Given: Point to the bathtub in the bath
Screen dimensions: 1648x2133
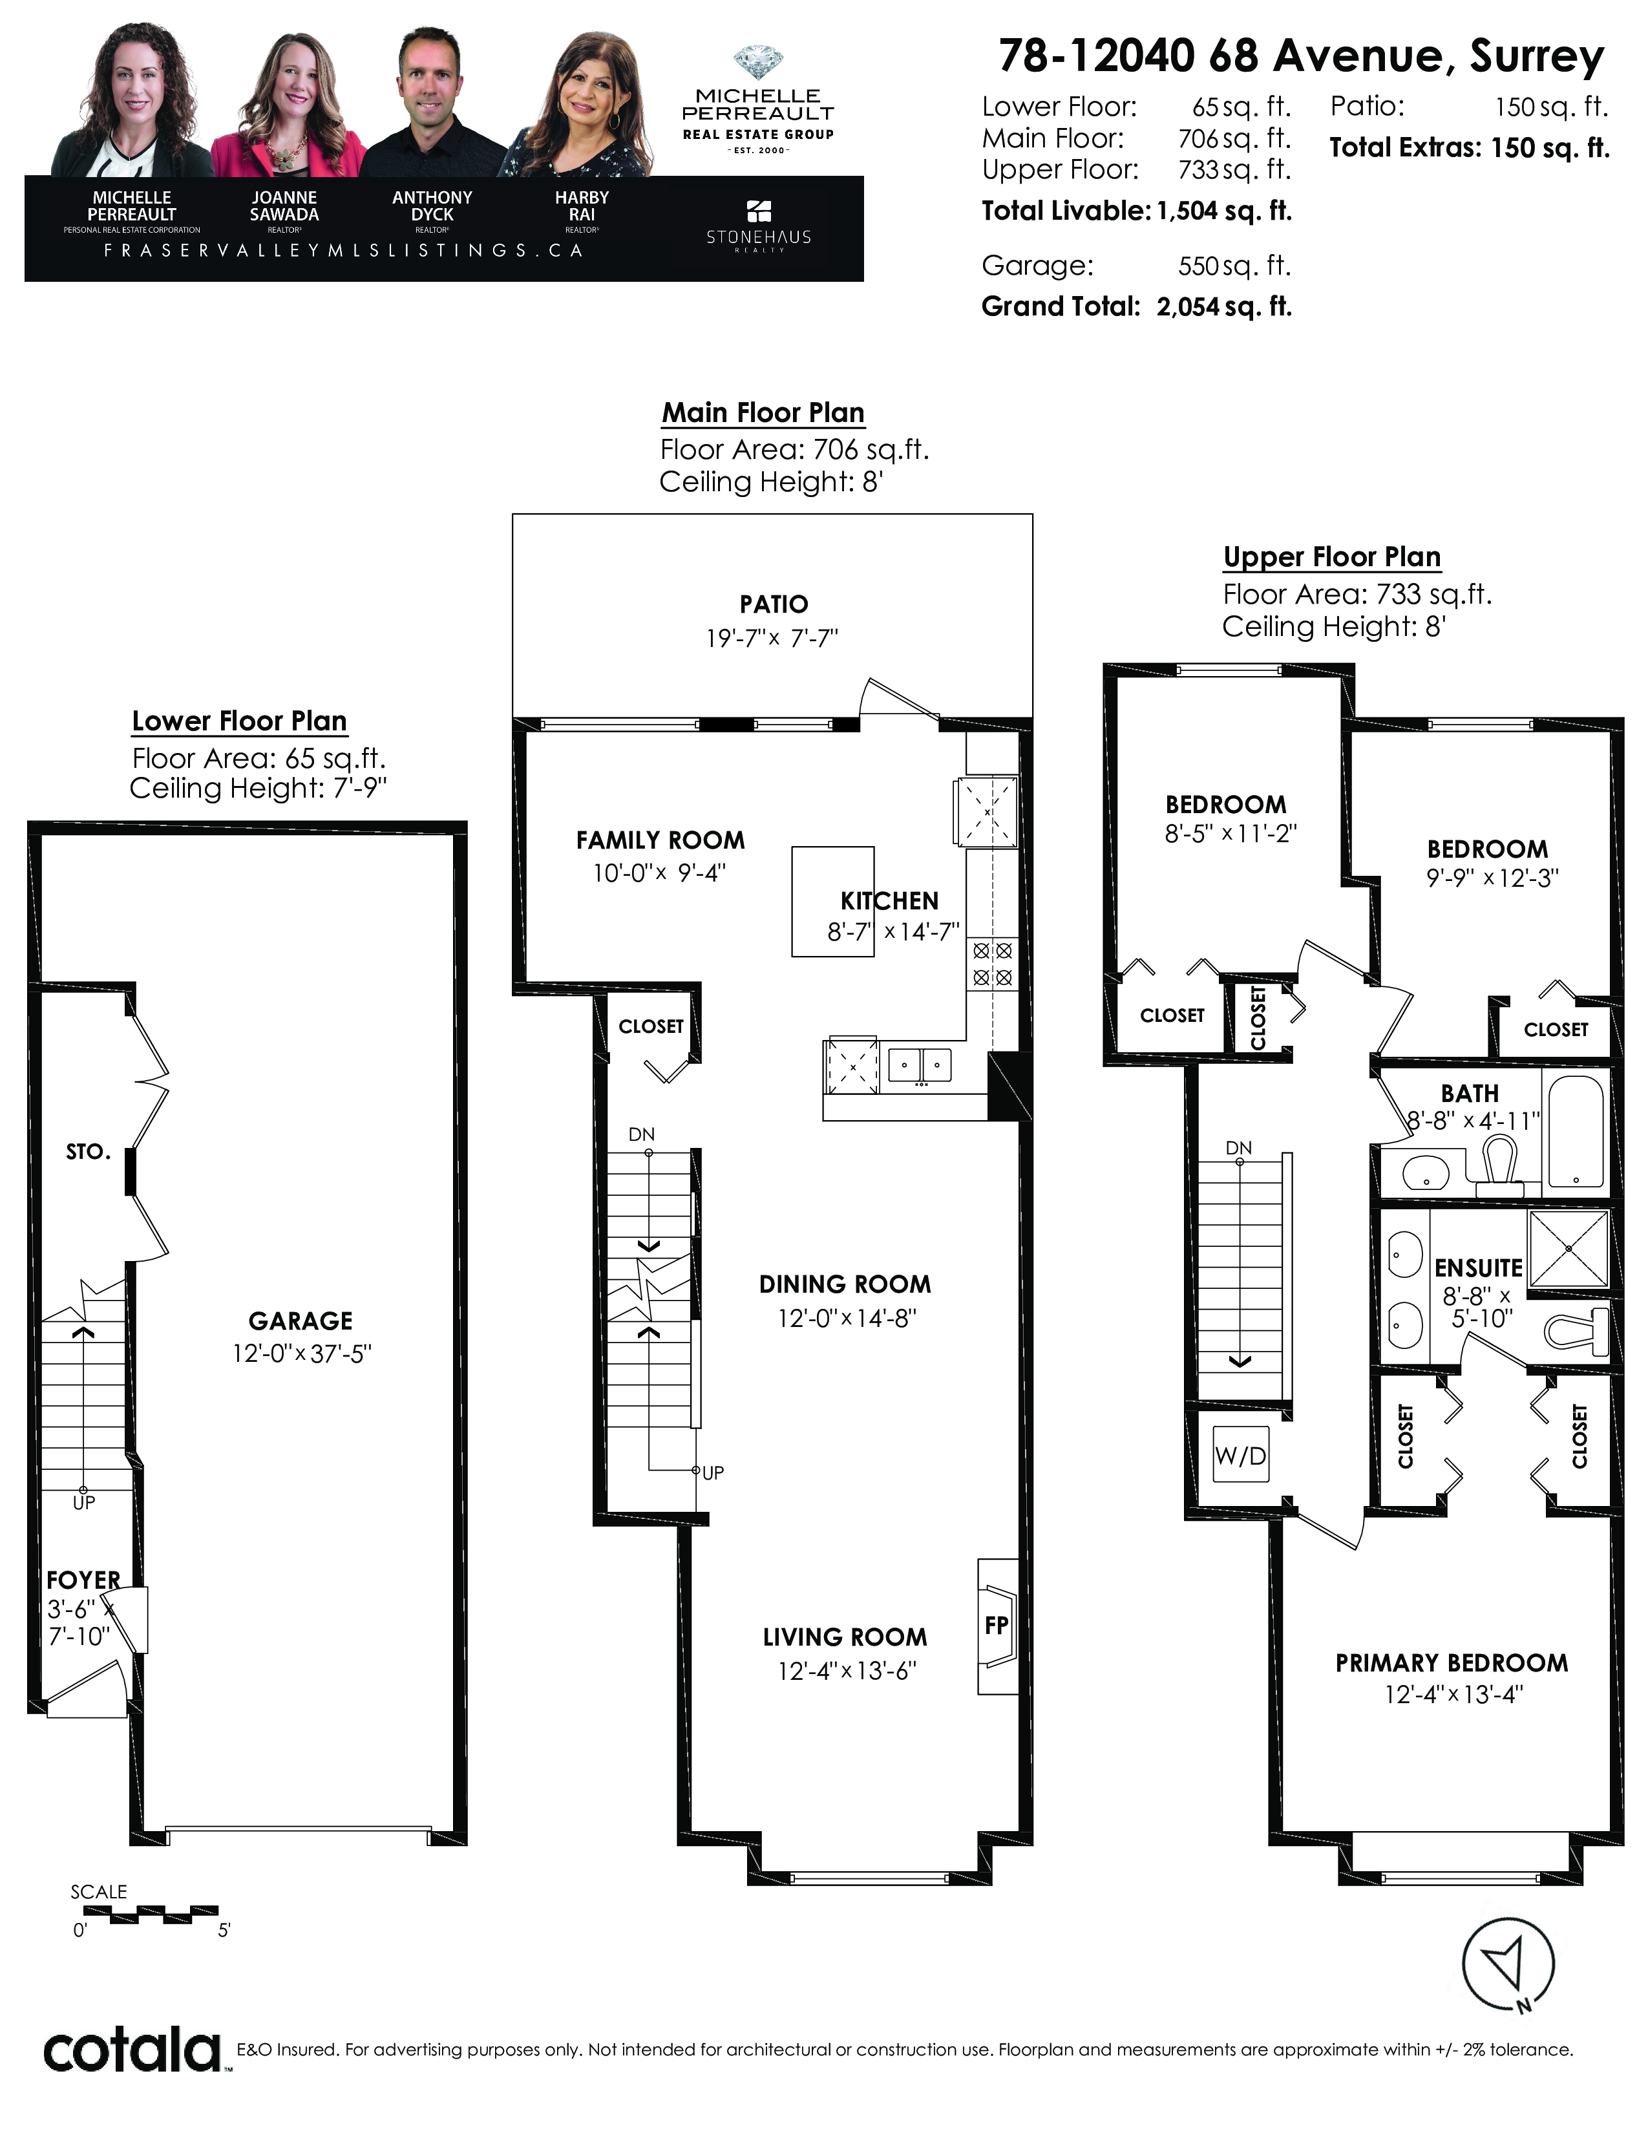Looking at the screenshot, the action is [1576, 1132].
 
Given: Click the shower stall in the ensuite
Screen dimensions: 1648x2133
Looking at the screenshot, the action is [1568, 1249].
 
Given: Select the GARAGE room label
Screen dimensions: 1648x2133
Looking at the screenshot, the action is [301, 1321].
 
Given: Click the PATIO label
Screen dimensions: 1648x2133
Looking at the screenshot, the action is [774, 604].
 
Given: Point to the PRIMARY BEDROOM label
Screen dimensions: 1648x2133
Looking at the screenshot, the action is [1452, 1663].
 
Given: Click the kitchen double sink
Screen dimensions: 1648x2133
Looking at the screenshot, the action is [920, 1065].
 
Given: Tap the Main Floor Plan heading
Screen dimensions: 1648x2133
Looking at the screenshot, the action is [763, 413].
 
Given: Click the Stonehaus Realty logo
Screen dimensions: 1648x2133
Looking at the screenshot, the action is [759, 226].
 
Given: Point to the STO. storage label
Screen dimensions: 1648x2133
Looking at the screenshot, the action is [89, 1152].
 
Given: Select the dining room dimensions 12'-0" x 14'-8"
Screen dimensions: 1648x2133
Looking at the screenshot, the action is [847, 1319].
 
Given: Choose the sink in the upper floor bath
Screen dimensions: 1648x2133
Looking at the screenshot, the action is [1426, 1172].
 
